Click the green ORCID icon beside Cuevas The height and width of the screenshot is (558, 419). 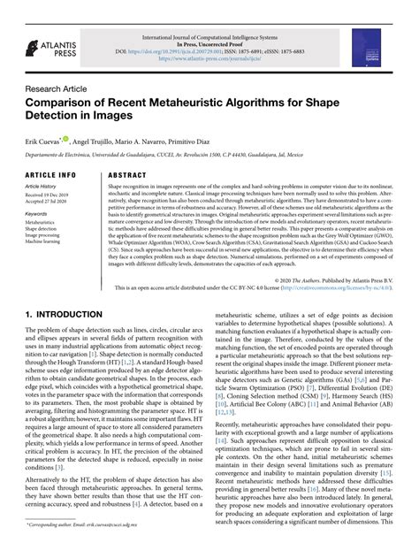click(x=76, y=138)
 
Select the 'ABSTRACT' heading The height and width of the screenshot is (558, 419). click(x=126, y=175)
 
